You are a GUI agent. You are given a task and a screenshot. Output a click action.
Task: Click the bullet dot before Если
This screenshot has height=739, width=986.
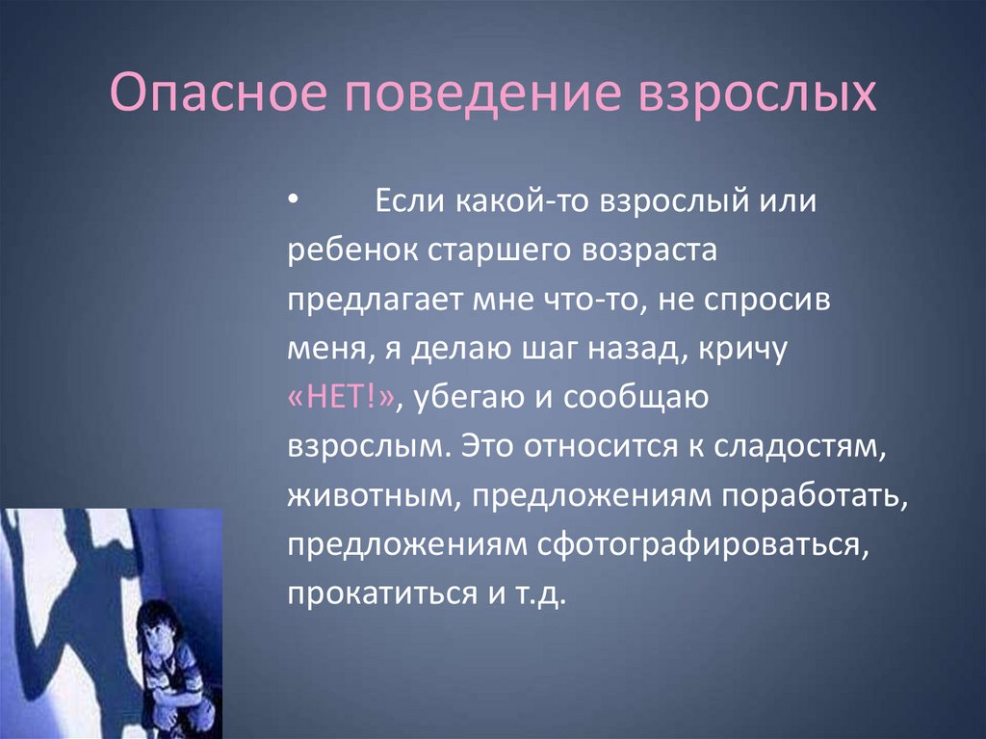point(293,200)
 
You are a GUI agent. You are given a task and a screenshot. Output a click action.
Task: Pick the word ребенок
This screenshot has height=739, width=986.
point(352,250)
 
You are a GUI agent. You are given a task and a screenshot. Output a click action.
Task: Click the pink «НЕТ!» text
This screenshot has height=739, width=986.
point(342,398)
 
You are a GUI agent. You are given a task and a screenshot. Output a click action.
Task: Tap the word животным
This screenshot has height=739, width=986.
point(375,496)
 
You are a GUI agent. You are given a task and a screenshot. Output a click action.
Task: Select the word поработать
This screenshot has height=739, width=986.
point(815,496)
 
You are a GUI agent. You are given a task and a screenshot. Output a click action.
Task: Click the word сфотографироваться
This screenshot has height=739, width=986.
point(702,545)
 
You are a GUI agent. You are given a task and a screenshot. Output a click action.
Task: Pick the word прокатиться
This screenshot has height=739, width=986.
point(382,594)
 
